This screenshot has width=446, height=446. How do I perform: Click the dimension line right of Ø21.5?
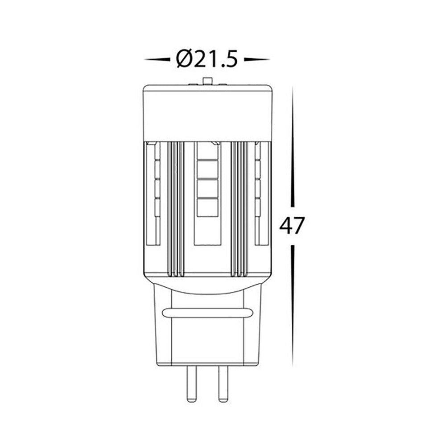coord(257,59)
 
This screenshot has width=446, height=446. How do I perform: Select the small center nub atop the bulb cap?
coord(206,81)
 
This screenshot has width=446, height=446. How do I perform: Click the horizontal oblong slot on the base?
coord(206,313)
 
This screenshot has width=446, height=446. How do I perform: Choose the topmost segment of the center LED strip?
coord(207,152)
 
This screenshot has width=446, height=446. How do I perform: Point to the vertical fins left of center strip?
coord(177,210)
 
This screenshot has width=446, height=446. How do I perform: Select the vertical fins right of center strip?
coord(237,210)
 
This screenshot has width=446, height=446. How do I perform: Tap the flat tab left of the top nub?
coord(192,83)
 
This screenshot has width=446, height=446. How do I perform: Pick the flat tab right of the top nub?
coord(222,83)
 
